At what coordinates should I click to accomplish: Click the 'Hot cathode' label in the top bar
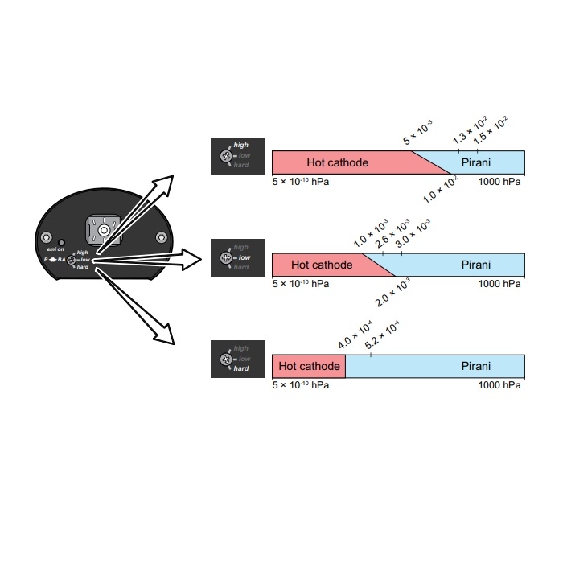click(337, 162)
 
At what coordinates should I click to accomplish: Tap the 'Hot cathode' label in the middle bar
click(322, 265)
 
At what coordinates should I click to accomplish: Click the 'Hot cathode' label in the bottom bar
click(309, 366)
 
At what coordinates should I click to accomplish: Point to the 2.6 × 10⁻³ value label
click(393, 233)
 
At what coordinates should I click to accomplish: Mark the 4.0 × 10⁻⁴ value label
click(355, 334)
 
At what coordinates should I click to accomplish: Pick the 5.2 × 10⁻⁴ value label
click(382, 335)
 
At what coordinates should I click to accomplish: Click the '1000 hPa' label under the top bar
click(499, 182)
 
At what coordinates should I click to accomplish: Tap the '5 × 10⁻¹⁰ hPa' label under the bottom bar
click(301, 385)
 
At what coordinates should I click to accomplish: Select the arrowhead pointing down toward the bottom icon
click(165, 335)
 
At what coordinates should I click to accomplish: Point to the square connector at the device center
click(102, 232)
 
